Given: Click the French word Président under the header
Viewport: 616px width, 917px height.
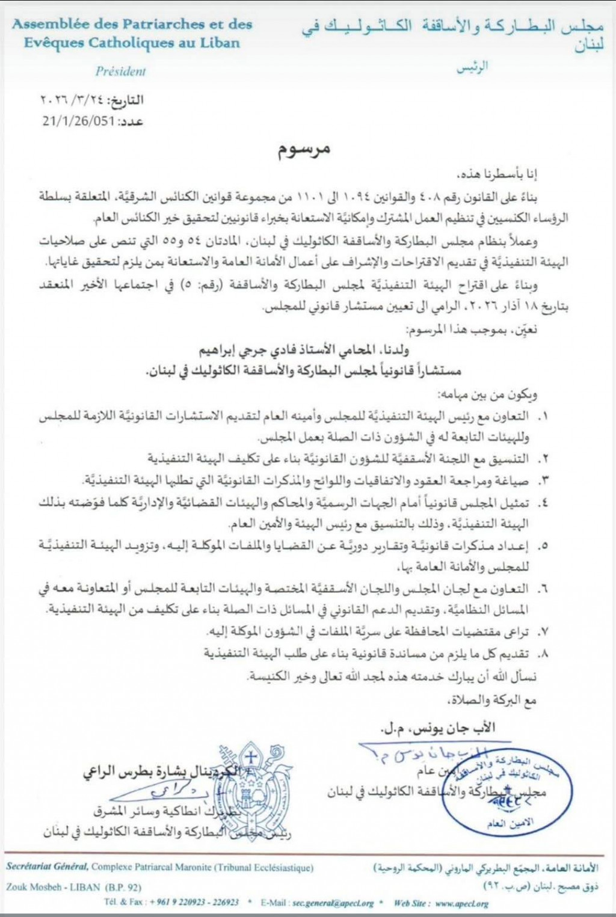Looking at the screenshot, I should click(120, 71).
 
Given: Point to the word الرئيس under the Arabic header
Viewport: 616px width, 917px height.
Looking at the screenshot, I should click(472, 67).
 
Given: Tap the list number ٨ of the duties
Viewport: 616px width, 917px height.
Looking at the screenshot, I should click(544, 654).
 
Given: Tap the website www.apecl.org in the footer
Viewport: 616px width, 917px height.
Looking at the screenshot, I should click(460, 903).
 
